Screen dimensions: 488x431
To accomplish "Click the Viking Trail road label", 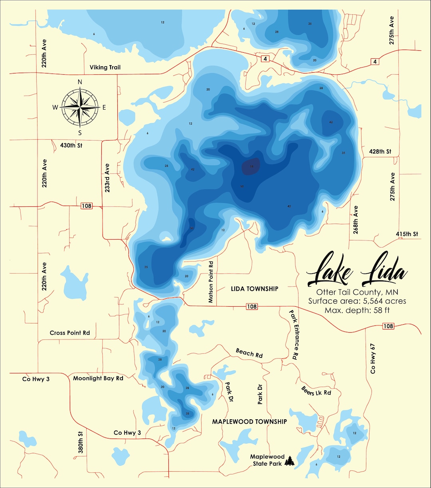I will point(105,67).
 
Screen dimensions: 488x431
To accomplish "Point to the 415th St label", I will point(407,234).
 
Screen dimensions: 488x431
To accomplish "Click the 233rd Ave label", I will point(107,178).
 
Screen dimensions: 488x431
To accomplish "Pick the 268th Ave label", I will point(356,220).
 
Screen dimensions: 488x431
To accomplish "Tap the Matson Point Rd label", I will point(211,282).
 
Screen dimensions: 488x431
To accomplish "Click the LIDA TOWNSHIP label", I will point(255,289).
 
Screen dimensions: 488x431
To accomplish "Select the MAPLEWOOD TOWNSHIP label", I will point(249,422).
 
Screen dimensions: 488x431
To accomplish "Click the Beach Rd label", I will point(249,353).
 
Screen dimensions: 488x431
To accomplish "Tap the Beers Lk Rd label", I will point(316,391).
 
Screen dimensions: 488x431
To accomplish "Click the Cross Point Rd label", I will point(70,333).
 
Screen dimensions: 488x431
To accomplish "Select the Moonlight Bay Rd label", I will point(98,378).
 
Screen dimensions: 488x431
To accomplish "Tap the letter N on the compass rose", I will point(80,82).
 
